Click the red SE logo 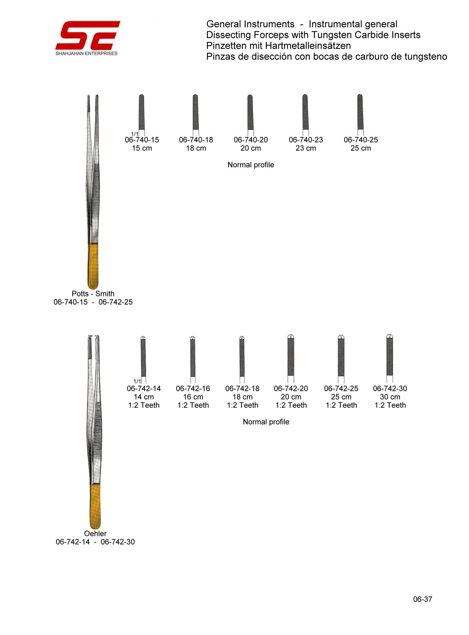[x=88, y=35]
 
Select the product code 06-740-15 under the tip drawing [x=142, y=140]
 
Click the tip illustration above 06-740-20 [x=250, y=115]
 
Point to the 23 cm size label [x=306, y=148]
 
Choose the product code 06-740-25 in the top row [x=361, y=140]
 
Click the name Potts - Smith [x=93, y=294]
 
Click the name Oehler [x=95, y=534]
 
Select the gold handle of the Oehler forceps [x=95, y=507]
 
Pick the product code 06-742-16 [x=193, y=388]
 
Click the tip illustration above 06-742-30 [x=390, y=359]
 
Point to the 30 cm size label [x=390, y=397]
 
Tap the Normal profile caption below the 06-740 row [x=251, y=165]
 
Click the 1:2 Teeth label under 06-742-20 [x=291, y=405]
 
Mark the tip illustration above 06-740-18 [x=195, y=115]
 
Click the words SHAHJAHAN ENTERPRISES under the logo [x=87, y=53]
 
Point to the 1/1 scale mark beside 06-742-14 [x=137, y=381]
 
